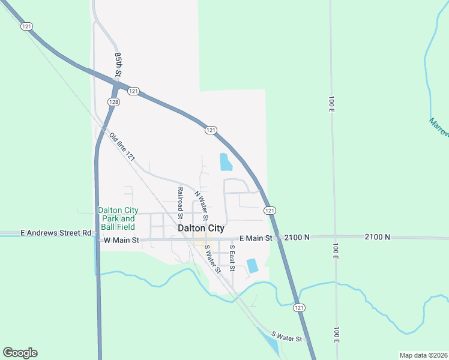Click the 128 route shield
(x=113, y=102)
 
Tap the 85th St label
(x=118, y=64)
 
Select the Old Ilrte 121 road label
(x=123, y=146)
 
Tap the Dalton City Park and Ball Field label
(x=118, y=218)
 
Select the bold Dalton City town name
(x=200, y=229)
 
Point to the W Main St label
(x=121, y=240)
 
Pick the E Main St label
(x=256, y=238)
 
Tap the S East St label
(x=232, y=256)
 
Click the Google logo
(x=20, y=353)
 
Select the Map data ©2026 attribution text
(x=423, y=355)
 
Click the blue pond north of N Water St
(x=226, y=162)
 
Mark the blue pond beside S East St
(x=252, y=265)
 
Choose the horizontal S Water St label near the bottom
(x=287, y=338)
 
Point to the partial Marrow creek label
(x=439, y=127)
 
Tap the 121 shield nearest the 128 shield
(x=133, y=91)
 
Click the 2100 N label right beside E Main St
(x=297, y=238)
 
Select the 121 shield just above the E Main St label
(x=270, y=210)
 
